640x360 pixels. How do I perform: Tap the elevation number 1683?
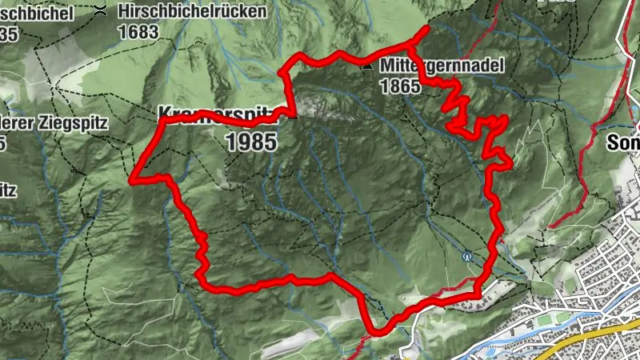pos(138,31)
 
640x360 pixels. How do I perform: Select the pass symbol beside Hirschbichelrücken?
pos(101,11)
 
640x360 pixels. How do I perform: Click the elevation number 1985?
pos(251,142)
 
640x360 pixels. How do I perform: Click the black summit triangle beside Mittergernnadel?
pos(366,67)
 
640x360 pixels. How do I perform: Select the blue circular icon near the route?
pos(468,257)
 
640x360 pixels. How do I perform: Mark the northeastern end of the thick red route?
pos(426,29)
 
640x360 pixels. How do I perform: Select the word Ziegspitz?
pos(36,122)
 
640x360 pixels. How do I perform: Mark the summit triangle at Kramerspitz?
pos(294,117)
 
